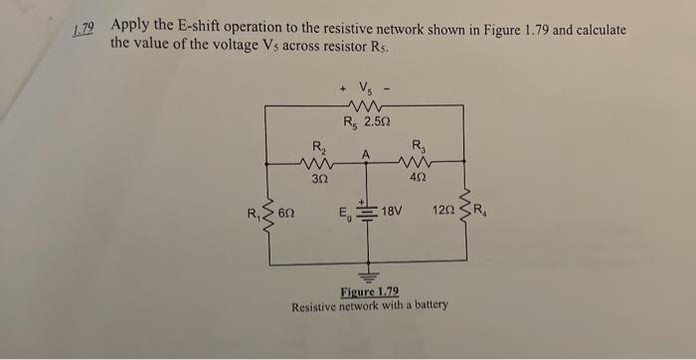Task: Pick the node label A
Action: [x=366, y=154]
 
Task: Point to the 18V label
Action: [x=397, y=212]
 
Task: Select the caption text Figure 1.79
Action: [x=369, y=291]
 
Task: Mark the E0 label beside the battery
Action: [x=344, y=212]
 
